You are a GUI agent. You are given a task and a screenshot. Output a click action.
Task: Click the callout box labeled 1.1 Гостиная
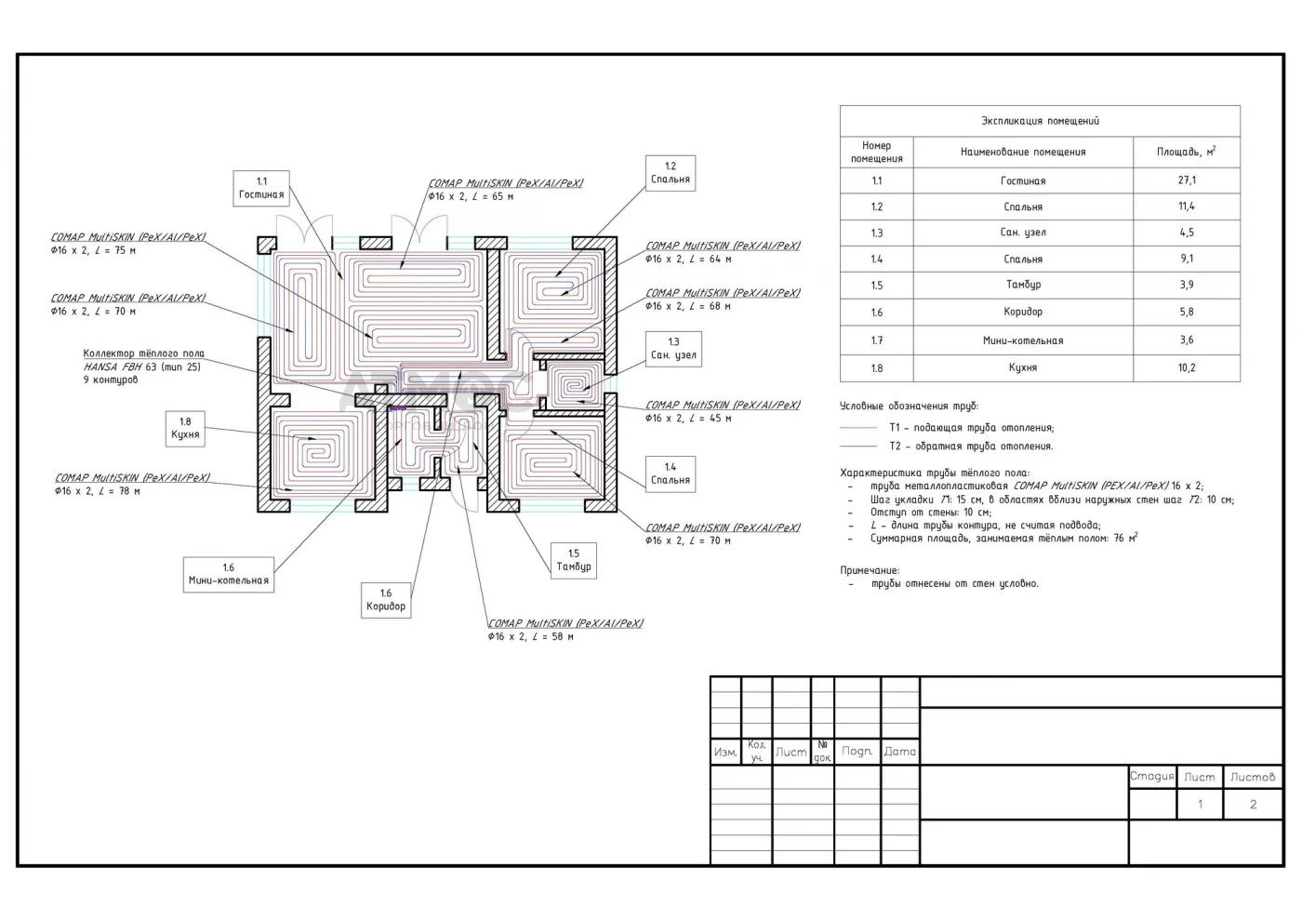tap(261, 188)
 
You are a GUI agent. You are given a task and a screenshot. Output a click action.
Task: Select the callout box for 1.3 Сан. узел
tap(673, 348)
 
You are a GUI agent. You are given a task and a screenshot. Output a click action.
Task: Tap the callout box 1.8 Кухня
tap(185, 428)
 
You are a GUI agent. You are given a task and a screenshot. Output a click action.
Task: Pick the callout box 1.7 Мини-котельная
tap(229, 574)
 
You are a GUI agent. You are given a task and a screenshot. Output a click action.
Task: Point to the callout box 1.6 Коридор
tap(386, 600)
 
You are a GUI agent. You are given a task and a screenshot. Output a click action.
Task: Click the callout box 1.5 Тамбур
tap(574, 560)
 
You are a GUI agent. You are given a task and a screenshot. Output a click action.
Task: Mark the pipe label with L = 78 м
tap(132, 485)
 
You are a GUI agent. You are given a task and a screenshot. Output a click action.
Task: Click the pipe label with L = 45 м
tap(723, 411)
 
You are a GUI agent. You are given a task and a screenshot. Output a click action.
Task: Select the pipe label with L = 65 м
tap(506, 190)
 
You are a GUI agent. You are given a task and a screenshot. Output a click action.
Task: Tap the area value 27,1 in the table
tap(1187, 180)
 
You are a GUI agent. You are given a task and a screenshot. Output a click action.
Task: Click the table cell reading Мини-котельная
tap(1023, 340)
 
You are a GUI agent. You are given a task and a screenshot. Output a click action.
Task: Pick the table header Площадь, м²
tap(1186, 151)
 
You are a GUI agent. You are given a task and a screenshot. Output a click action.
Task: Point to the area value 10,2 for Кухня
tap(1187, 367)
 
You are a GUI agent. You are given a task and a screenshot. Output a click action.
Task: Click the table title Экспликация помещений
tap(1040, 121)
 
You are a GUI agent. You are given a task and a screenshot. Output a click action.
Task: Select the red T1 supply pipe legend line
tap(858, 428)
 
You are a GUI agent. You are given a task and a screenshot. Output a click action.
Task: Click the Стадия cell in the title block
tap(1151, 777)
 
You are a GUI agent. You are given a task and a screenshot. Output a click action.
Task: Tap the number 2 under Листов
tap(1253, 805)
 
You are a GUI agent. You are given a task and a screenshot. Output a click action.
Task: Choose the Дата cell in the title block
tap(899, 752)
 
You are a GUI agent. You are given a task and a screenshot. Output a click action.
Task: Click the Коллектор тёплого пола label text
tap(143, 353)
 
